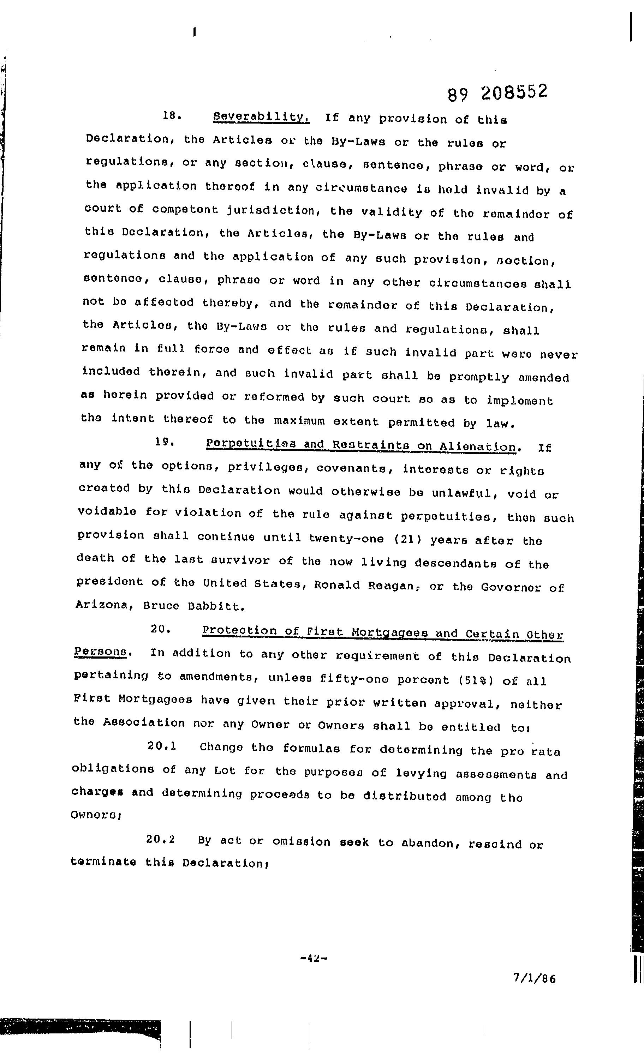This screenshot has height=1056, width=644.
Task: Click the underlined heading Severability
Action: point(261,117)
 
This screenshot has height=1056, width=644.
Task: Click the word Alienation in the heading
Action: point(478,446)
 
